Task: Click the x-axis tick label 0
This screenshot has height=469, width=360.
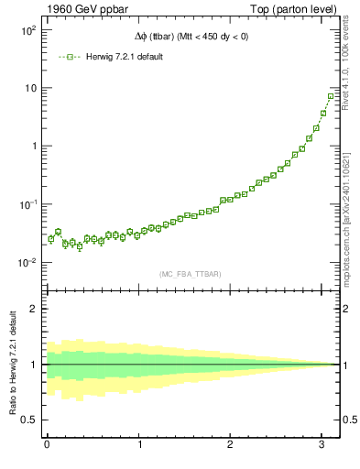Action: pos(47,445)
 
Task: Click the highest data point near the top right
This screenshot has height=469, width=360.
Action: pos(331,96)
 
